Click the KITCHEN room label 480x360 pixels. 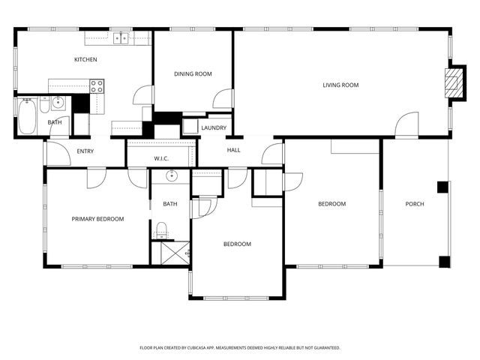pos(85,59)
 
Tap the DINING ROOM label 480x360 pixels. pos(193,73)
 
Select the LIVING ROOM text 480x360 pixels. pos(340,85)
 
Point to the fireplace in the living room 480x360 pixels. pos(452,82)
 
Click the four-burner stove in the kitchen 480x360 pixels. pos(97,85)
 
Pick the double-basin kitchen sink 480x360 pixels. pos(121,37)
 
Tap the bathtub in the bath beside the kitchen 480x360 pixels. pos(27,116)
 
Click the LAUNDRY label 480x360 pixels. pos(214,128)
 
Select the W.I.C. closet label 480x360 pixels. pos(161,158)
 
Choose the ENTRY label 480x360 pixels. pos(85,151)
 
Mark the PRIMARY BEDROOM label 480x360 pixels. pos(97,219)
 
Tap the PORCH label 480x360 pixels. pos(415,204)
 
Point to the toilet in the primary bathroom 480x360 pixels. pos(160,229)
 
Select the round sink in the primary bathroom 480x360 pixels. pos(170,177)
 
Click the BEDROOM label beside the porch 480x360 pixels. pos(331,204)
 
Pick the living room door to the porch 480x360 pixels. pos(406,125)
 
